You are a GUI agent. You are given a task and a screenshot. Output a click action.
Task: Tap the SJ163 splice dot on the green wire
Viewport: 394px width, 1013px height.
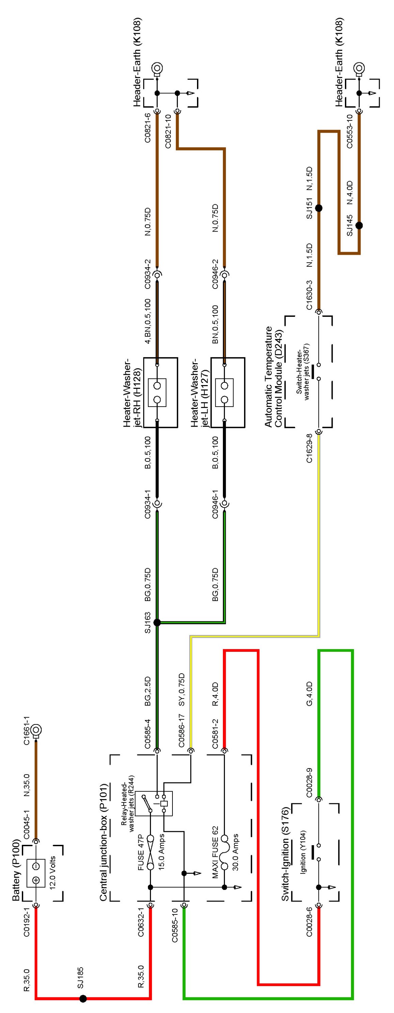tap(157, 622)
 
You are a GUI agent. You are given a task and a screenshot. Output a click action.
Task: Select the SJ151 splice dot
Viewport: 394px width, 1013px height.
tap(319, 208)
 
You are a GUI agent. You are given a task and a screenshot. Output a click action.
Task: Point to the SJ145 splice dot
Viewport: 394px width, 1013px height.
tap(359, 226)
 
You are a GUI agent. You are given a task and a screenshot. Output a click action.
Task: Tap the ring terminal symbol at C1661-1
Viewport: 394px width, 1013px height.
tap(37, 731)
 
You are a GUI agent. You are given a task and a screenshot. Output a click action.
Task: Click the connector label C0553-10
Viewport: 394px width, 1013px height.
tap(350, 131)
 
